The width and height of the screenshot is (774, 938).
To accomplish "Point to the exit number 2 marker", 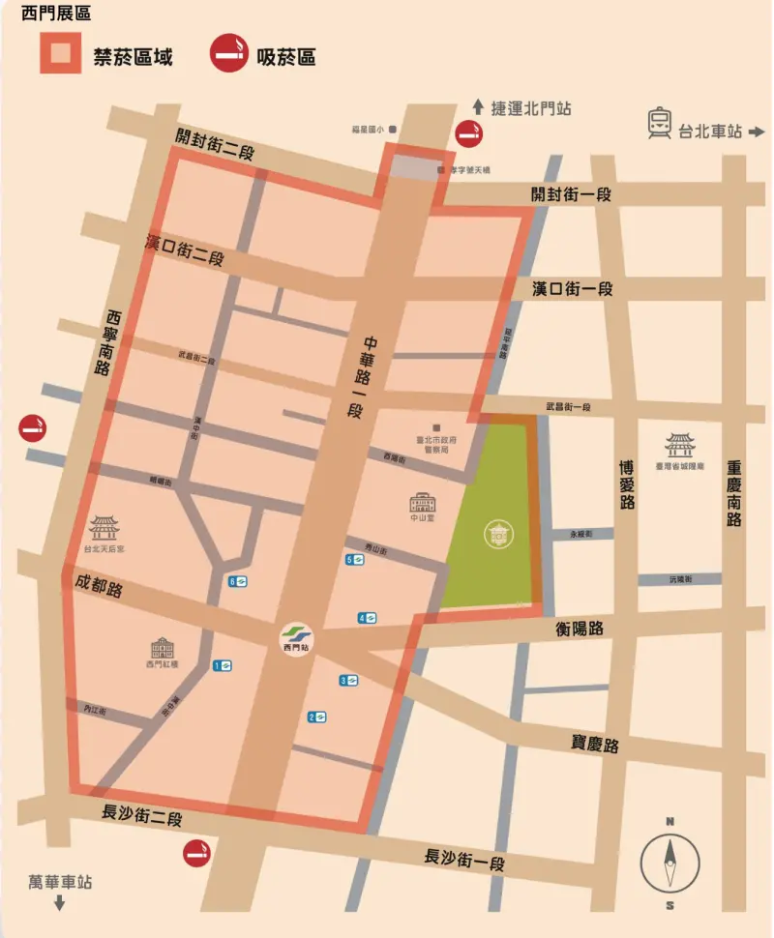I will coord(316,717).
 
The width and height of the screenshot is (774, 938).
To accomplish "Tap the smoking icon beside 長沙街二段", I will coord(198,853).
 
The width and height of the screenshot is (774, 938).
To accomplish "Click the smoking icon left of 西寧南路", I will coord(32,427).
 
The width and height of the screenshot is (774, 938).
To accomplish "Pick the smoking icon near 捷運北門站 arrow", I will coord(470,133).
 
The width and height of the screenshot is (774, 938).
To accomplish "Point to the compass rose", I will coord(670,864).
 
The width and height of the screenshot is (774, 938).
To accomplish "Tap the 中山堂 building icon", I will coord(423,503).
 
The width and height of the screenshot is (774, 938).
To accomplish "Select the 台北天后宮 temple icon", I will coord(104,528).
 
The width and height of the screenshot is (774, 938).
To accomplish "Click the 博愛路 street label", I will coord(627,484).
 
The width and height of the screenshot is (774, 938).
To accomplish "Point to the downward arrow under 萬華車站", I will coord(59,904).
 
